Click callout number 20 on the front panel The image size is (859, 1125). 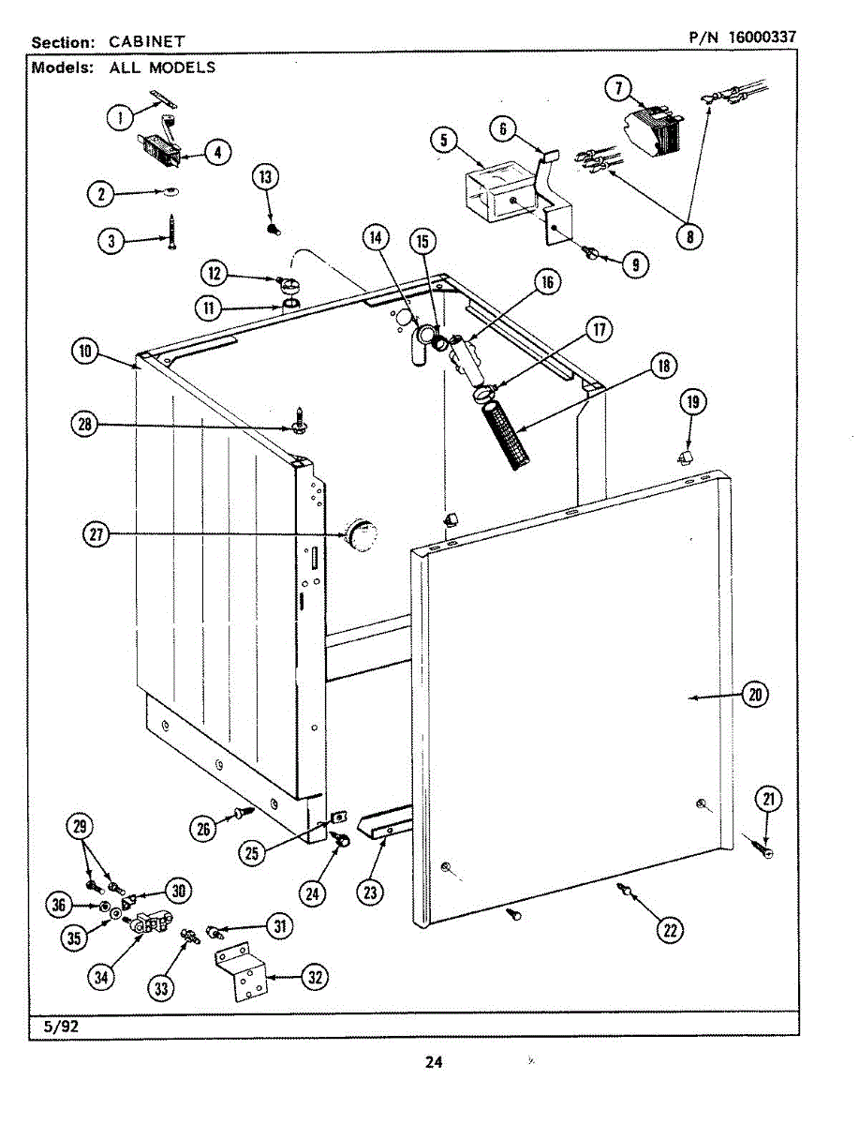click(755, 695)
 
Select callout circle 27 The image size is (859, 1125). click(95, 535)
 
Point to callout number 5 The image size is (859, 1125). click(444, 141)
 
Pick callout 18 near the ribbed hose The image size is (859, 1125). click(663, 366)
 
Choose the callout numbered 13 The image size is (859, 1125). click(266, 177)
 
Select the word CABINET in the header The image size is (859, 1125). click(146, 42)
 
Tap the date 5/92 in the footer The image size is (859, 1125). click(62, 1027)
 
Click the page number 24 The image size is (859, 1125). click(433, 1062)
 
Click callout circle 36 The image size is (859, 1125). click(61, 905)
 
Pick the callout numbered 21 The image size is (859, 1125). click(768, 799)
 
